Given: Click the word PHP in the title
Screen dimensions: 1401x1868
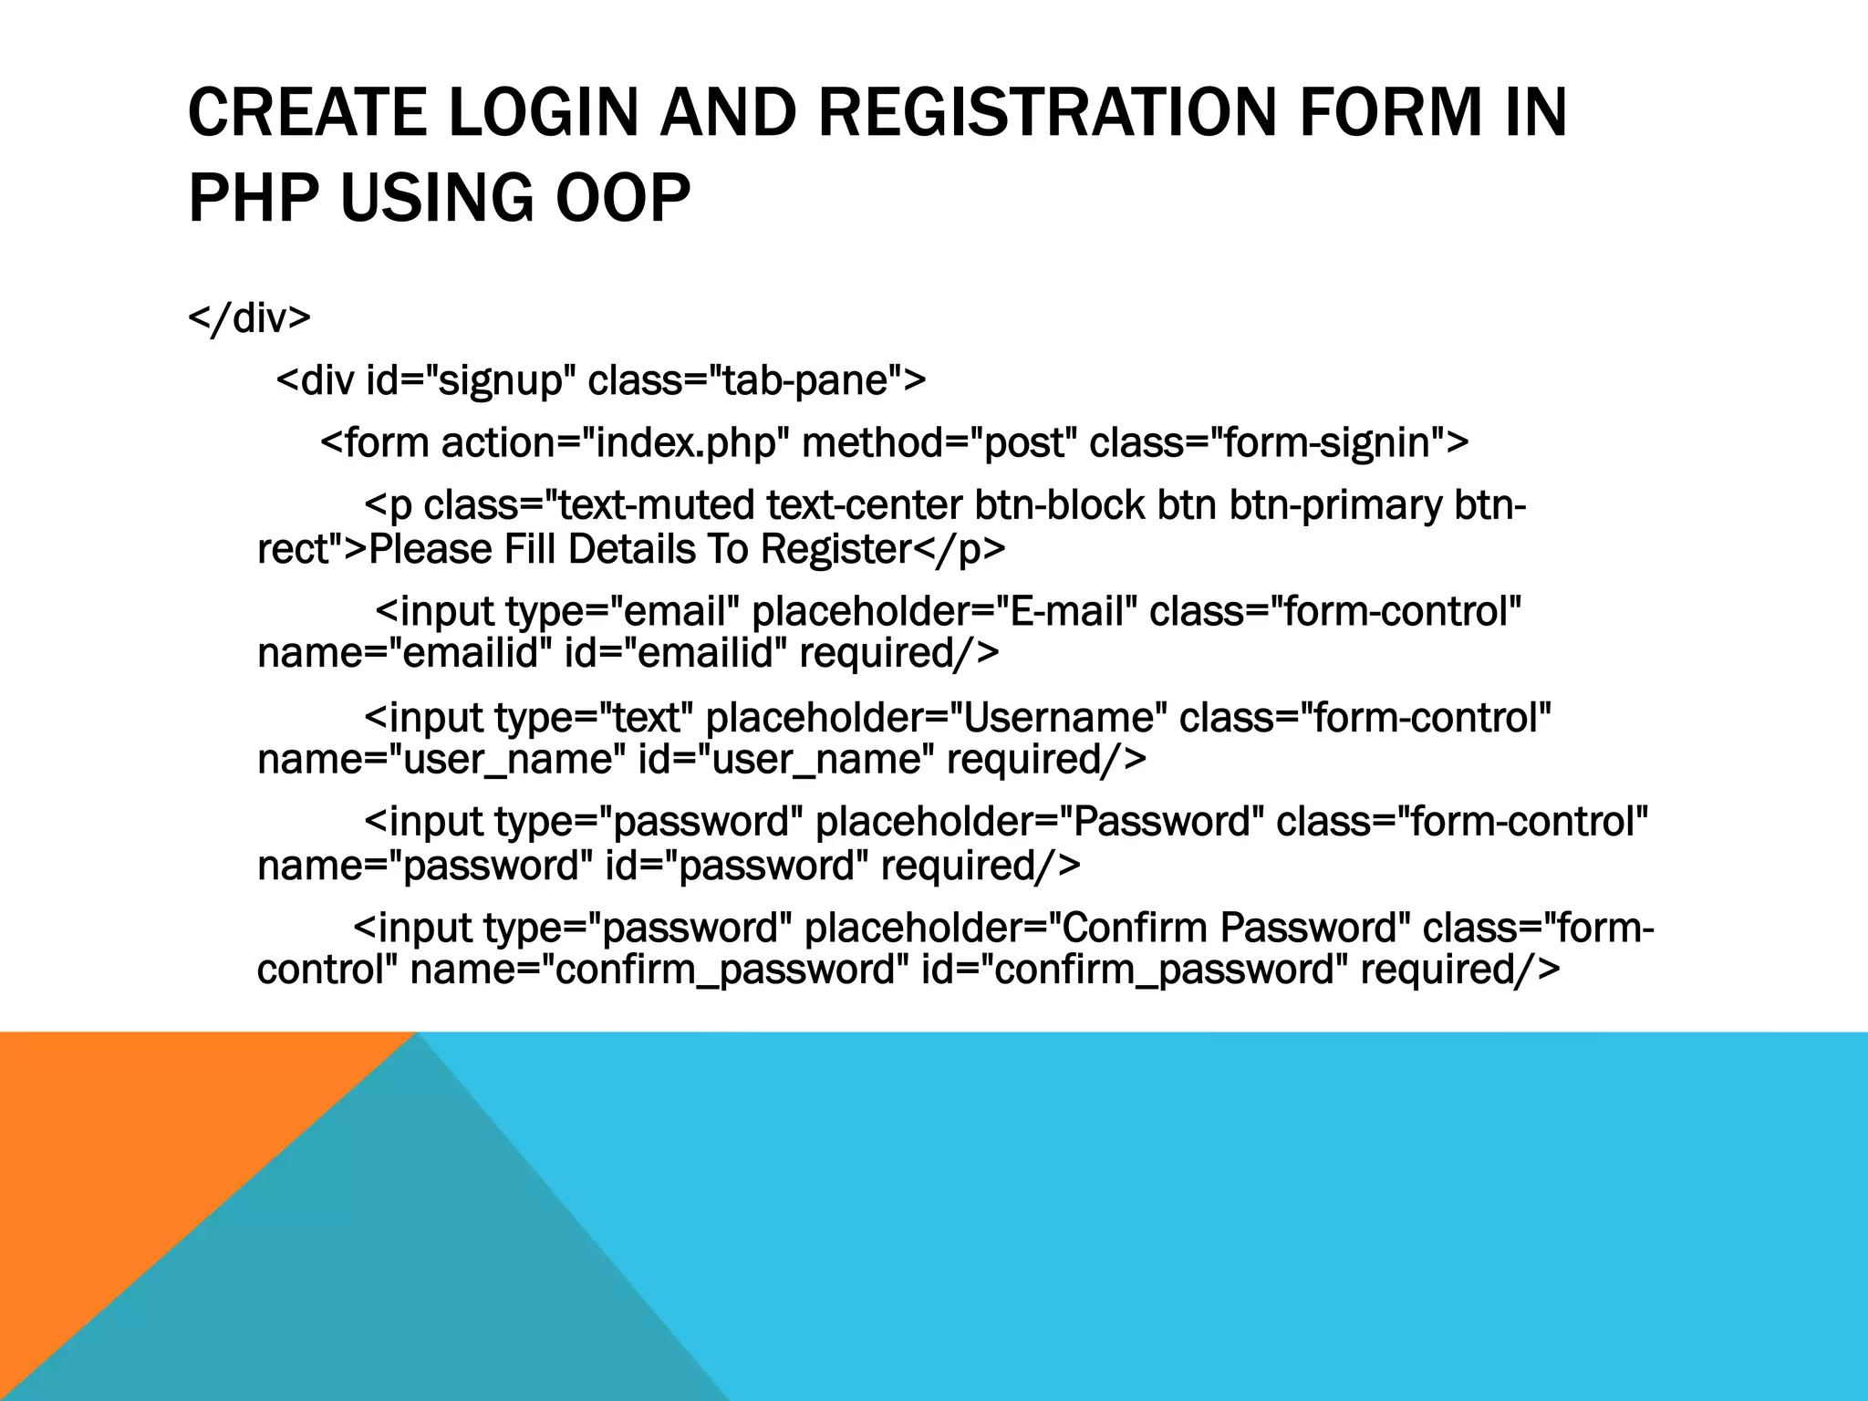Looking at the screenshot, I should click(x=254, y=198).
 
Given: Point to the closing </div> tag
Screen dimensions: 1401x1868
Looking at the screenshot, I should click(x=249, y=318).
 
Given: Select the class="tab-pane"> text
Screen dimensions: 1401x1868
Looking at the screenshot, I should click(x=756, y=380).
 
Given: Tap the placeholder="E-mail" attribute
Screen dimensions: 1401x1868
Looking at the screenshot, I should click(x=944, y=611).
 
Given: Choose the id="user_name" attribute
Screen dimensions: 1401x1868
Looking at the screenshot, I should click(x=785, y=759).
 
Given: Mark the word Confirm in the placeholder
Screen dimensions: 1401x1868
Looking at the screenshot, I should click(x=1135, y=928).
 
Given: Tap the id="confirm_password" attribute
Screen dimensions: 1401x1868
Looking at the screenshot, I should click(x=1135, y=969).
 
